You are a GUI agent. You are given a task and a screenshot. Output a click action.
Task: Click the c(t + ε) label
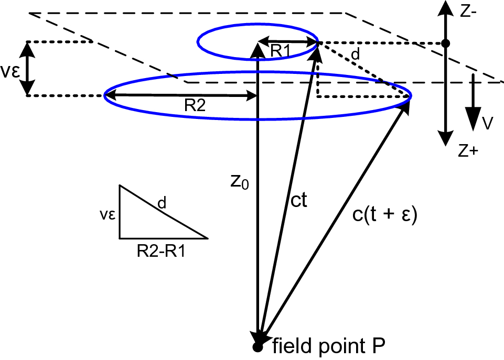pos(385,216)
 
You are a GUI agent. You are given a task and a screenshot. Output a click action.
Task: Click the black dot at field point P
pos(257,347)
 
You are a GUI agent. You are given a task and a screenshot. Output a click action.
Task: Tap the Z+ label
pos(467,151)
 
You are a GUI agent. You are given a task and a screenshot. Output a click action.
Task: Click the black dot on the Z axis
pos(445,43)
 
